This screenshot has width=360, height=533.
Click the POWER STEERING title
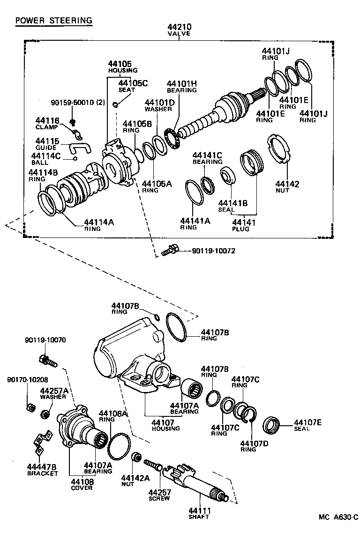point(53,21)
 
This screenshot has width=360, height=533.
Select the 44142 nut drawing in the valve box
point(280,149)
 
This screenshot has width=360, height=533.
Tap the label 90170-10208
point(28,379)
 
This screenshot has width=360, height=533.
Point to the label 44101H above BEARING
point(181,84)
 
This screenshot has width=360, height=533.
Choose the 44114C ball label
point(45,155)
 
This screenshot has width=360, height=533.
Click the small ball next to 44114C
point(74,158)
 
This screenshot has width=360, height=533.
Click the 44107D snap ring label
point(248,443)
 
